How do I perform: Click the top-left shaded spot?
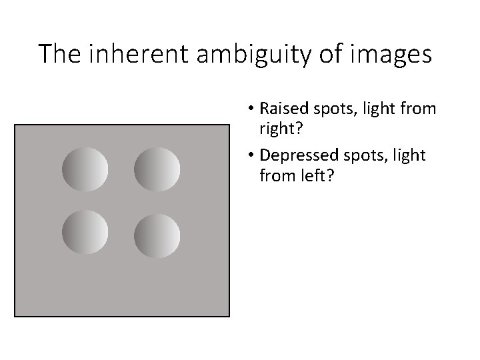tap(85, 169)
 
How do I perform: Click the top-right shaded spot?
tap(157, 169)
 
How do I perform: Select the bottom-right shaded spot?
tap(157, 235)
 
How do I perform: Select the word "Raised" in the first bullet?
tap(281, 108)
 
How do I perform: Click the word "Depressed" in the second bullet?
tap(294, 155)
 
